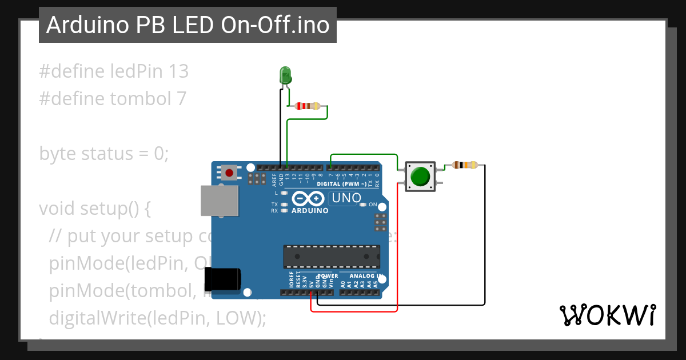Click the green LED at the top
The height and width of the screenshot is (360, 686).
[285, 75]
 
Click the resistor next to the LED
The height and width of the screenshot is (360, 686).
[307, 106]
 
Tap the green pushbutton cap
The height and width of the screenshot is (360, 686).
[421, 177]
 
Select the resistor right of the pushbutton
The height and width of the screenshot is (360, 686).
[465, 165]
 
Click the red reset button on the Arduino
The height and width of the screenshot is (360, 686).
[230, 172]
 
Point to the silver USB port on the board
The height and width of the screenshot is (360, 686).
[219, 201]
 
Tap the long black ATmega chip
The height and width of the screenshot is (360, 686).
[332, 257]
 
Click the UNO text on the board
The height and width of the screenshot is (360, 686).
[346, 198]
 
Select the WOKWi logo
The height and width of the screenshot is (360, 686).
[607, 315]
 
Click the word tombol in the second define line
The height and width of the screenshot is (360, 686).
[139, 99]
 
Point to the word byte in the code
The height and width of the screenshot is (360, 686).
[58, 154]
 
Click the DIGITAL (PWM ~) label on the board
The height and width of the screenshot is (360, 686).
[341, 184]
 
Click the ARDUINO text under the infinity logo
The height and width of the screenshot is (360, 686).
[310, 210]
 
